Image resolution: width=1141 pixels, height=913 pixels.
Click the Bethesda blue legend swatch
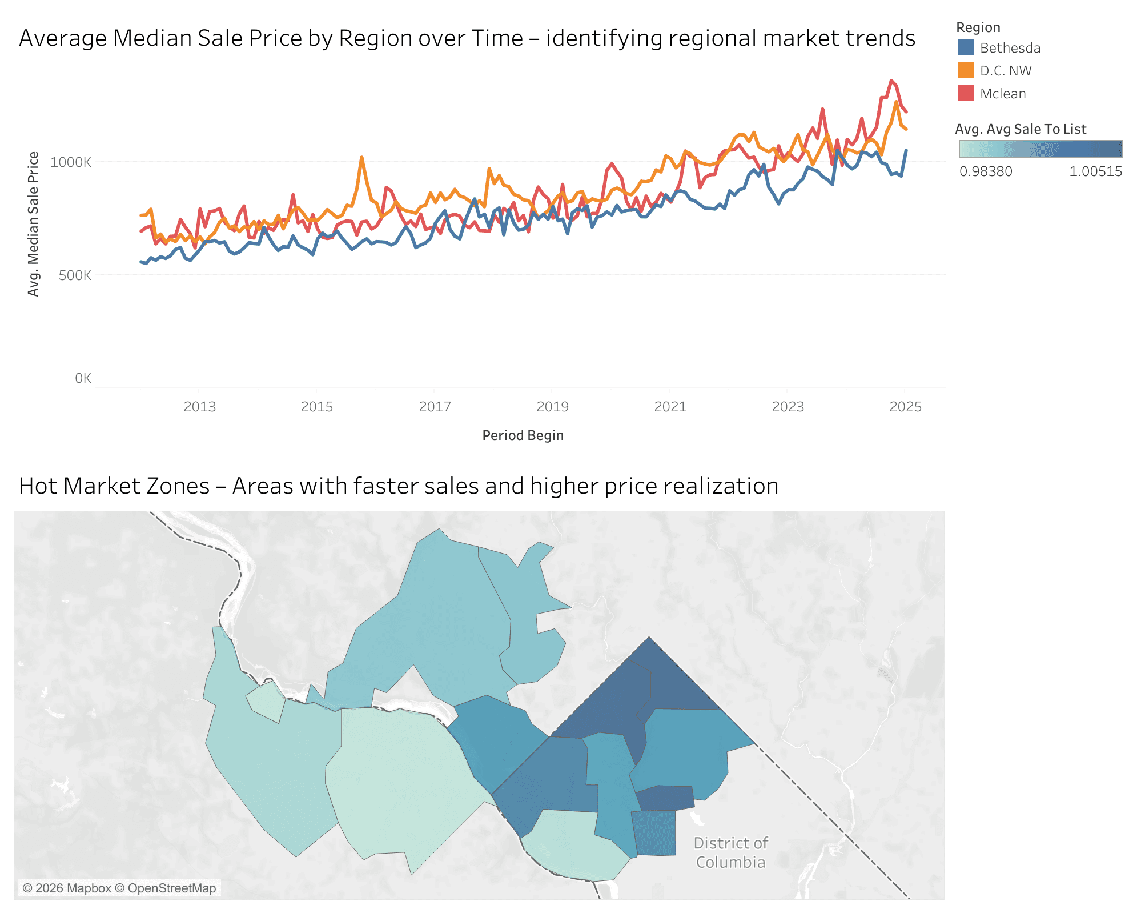coord(966,47)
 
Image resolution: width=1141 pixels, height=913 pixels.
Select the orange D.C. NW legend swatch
coord(966,70)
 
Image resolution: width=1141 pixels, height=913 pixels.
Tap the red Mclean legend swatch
coord(966,93)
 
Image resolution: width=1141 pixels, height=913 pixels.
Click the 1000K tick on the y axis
coord(71,162)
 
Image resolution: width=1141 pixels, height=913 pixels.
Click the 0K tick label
coord(83,378)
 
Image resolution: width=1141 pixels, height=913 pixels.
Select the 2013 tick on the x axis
coord(199,407)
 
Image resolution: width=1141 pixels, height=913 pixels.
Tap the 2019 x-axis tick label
coord(552,407)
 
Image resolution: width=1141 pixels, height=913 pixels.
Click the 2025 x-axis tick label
coord(905,407)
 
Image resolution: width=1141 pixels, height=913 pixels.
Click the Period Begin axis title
coord(523,435)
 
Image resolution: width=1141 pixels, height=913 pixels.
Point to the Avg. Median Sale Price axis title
coord(34,224)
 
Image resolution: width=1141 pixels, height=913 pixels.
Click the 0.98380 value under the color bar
coord(986,171)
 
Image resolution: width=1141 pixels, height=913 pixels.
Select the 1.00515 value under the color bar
coord(1095,171)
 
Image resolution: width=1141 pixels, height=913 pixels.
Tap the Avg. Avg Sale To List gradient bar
coord(1040,149)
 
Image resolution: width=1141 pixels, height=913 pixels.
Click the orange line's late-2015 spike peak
coord(361,157)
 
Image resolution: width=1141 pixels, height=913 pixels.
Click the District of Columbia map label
coord(730,852)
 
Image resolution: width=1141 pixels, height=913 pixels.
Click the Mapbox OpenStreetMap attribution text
coord(119,888)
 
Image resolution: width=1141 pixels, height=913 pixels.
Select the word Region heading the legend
coord(978,27)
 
